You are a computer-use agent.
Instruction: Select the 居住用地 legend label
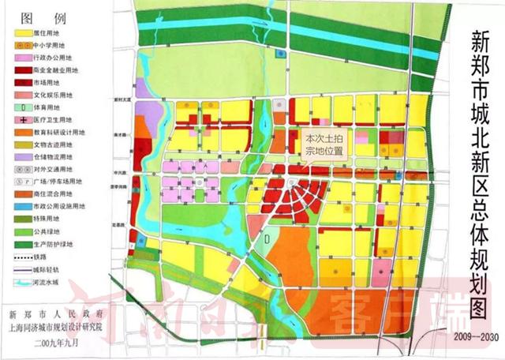click(x=47, y=32)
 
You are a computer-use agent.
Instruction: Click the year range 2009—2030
click(x=465, y=338)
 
